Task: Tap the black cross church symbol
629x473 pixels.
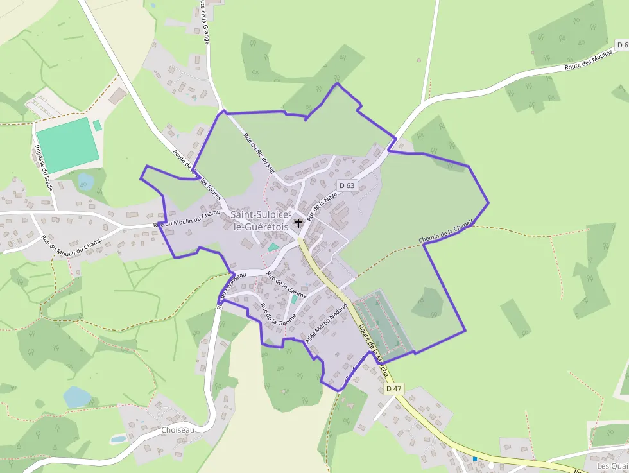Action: pos(298,223)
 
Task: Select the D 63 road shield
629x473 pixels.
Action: pos(347,185)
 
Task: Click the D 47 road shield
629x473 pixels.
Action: pos(393,389)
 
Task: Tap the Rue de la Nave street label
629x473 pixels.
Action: pos(322,205)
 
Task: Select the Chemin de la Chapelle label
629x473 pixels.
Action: pos(445,232)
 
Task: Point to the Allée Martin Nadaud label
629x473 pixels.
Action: pos(327,325)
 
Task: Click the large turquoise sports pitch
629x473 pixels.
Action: pos(67,144)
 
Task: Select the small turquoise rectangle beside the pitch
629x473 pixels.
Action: pos(97,125)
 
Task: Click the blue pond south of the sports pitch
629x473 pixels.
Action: pos(85,182)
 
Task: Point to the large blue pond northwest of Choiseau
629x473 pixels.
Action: pos(78,396)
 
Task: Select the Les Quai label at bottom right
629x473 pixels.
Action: pos(611,465)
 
